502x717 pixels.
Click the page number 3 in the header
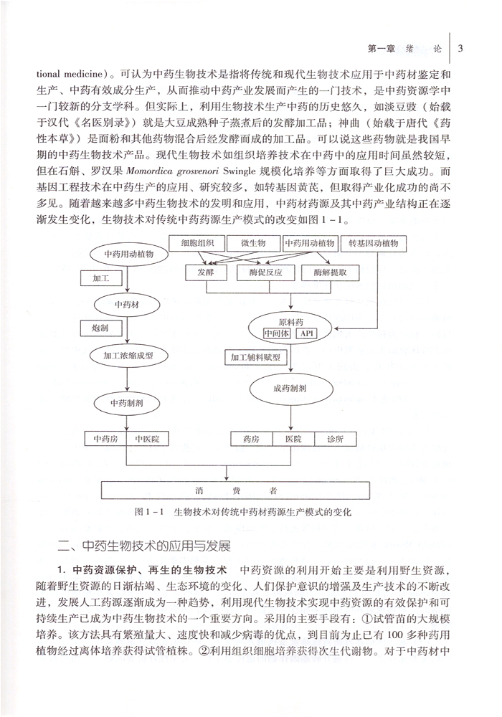point(461,48)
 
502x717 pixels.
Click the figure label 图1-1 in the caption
point(150,513)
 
